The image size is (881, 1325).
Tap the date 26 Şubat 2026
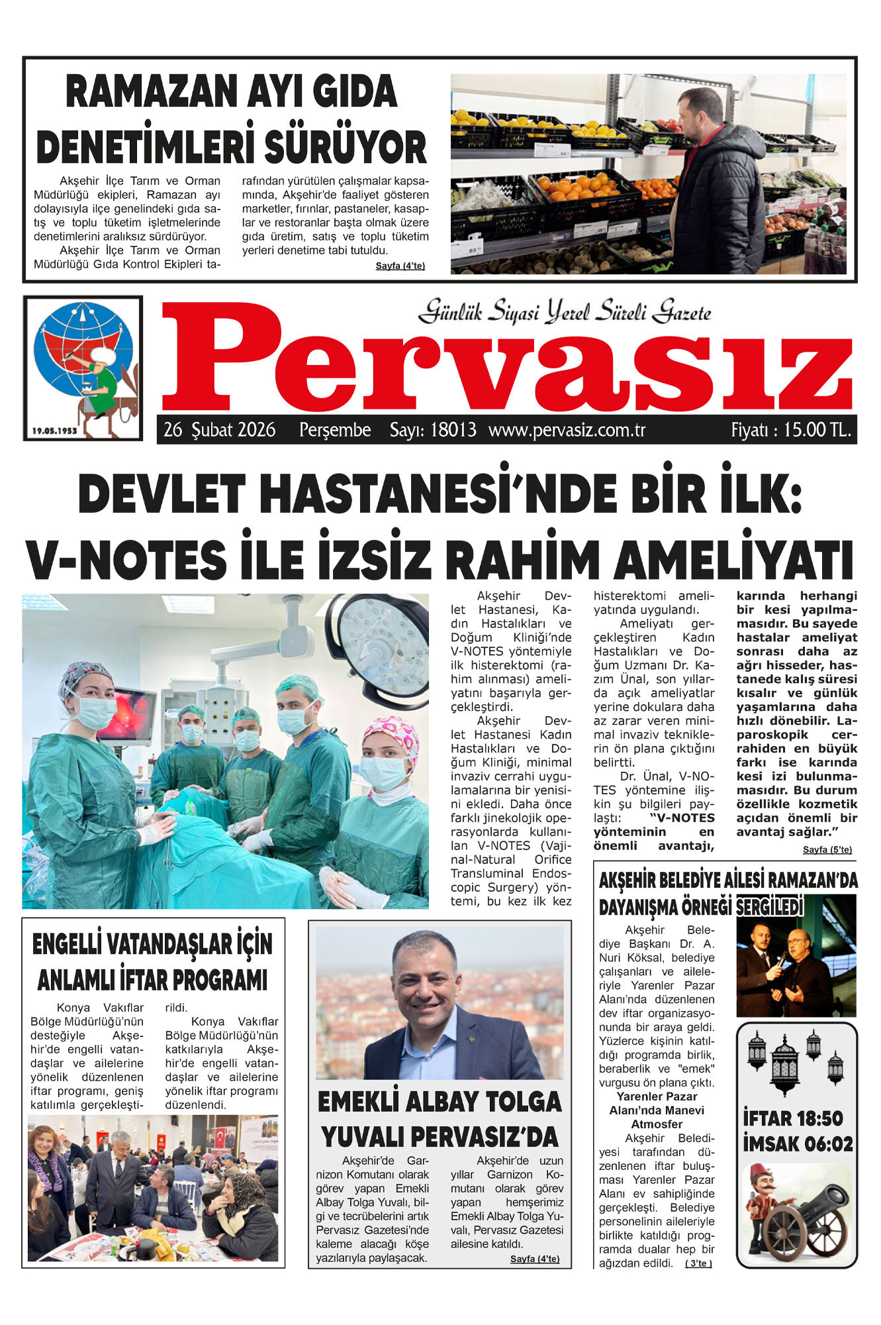click(x=219, y=430)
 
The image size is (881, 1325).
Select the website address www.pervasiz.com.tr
click(x=567, y=430)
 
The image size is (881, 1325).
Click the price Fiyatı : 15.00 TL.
click(x=790, y=430)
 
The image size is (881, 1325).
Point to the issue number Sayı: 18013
click(x=432, y=430)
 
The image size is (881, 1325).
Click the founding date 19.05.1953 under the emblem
click(x=54, y=431)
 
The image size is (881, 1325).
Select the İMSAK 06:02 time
click(x=797, y=1144)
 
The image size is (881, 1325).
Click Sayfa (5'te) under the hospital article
click(x=827, y=849)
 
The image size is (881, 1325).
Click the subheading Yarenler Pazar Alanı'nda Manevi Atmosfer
click(x=656, y=1110)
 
